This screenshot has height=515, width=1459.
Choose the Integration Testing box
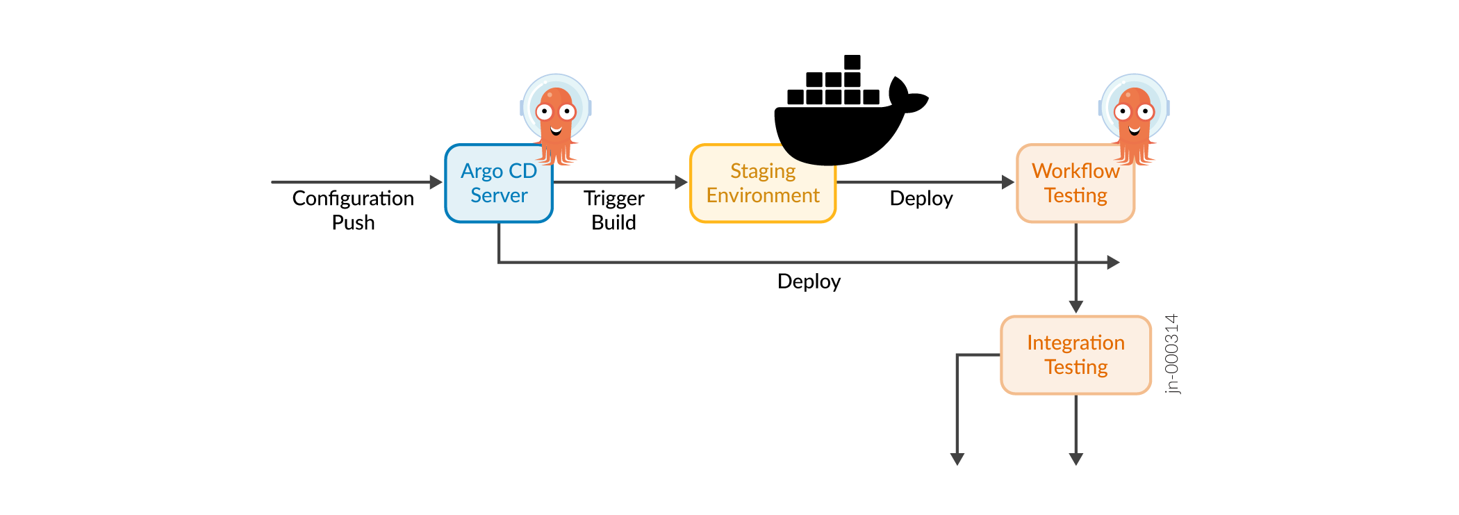click(1075, 355)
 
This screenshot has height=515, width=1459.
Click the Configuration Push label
click(353, 210)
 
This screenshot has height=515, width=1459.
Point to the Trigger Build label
click(614, 210)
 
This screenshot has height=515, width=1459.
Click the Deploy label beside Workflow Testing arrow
click(921, 199)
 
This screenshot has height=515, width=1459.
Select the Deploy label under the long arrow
click(809, 281)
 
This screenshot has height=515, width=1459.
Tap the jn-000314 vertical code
click(1172, 354)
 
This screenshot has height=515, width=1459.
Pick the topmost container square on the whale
click(852, 62)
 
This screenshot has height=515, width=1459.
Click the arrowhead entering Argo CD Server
click(436, 182)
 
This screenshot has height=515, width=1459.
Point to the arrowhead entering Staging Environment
click(682, 182)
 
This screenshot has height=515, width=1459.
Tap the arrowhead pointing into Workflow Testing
click(1008, 182)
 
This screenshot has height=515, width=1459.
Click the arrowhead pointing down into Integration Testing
click(1076, 307)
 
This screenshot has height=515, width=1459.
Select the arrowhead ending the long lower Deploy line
click(1113, 263)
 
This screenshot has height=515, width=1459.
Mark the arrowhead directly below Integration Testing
click(1076, 459)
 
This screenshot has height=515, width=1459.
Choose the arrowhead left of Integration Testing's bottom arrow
click(957, 459)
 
